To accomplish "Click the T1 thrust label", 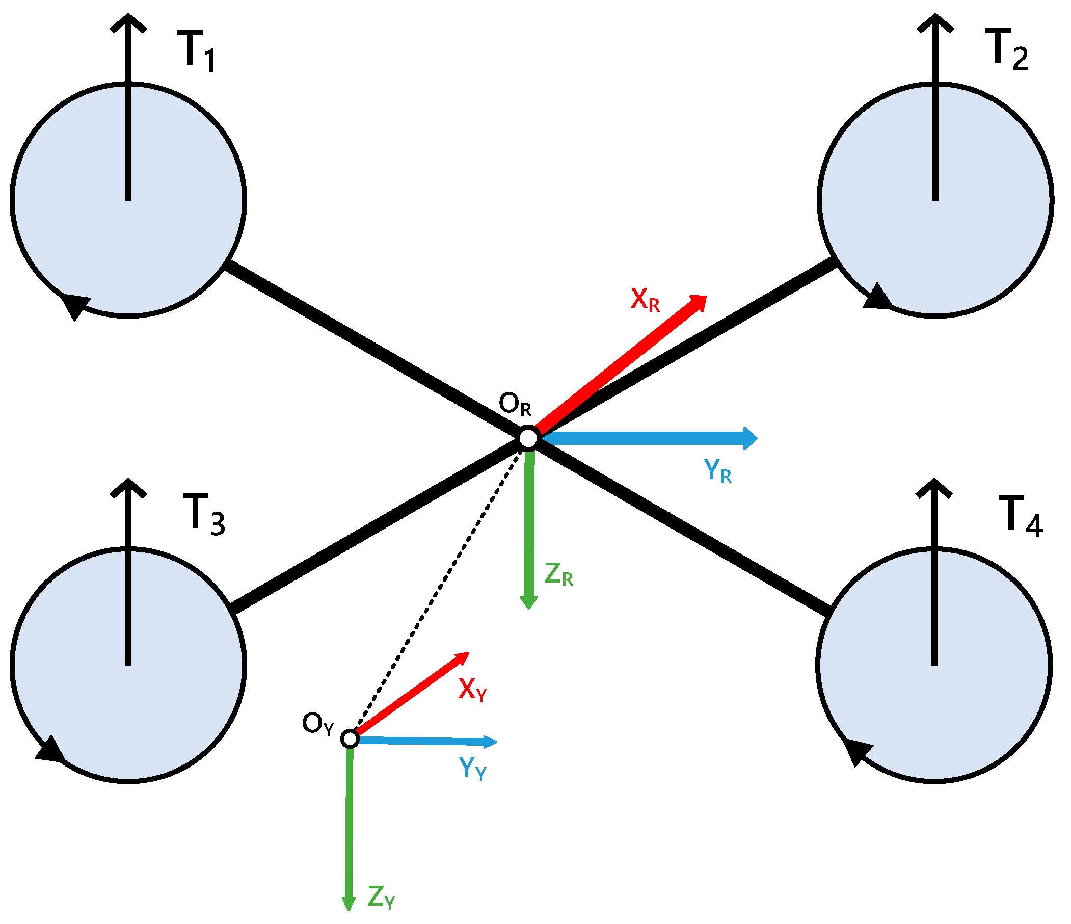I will pos(197,50).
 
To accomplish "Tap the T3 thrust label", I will pos(203,514).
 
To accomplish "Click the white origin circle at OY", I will pos(350,739).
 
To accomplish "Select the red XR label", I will pos(645,300).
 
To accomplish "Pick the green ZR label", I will pos(558,574).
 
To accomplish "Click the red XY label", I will pos(472,690).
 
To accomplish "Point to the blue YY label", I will pos(472,769).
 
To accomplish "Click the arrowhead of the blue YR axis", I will pos(750,438).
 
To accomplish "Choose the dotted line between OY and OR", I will pos(439,589).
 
